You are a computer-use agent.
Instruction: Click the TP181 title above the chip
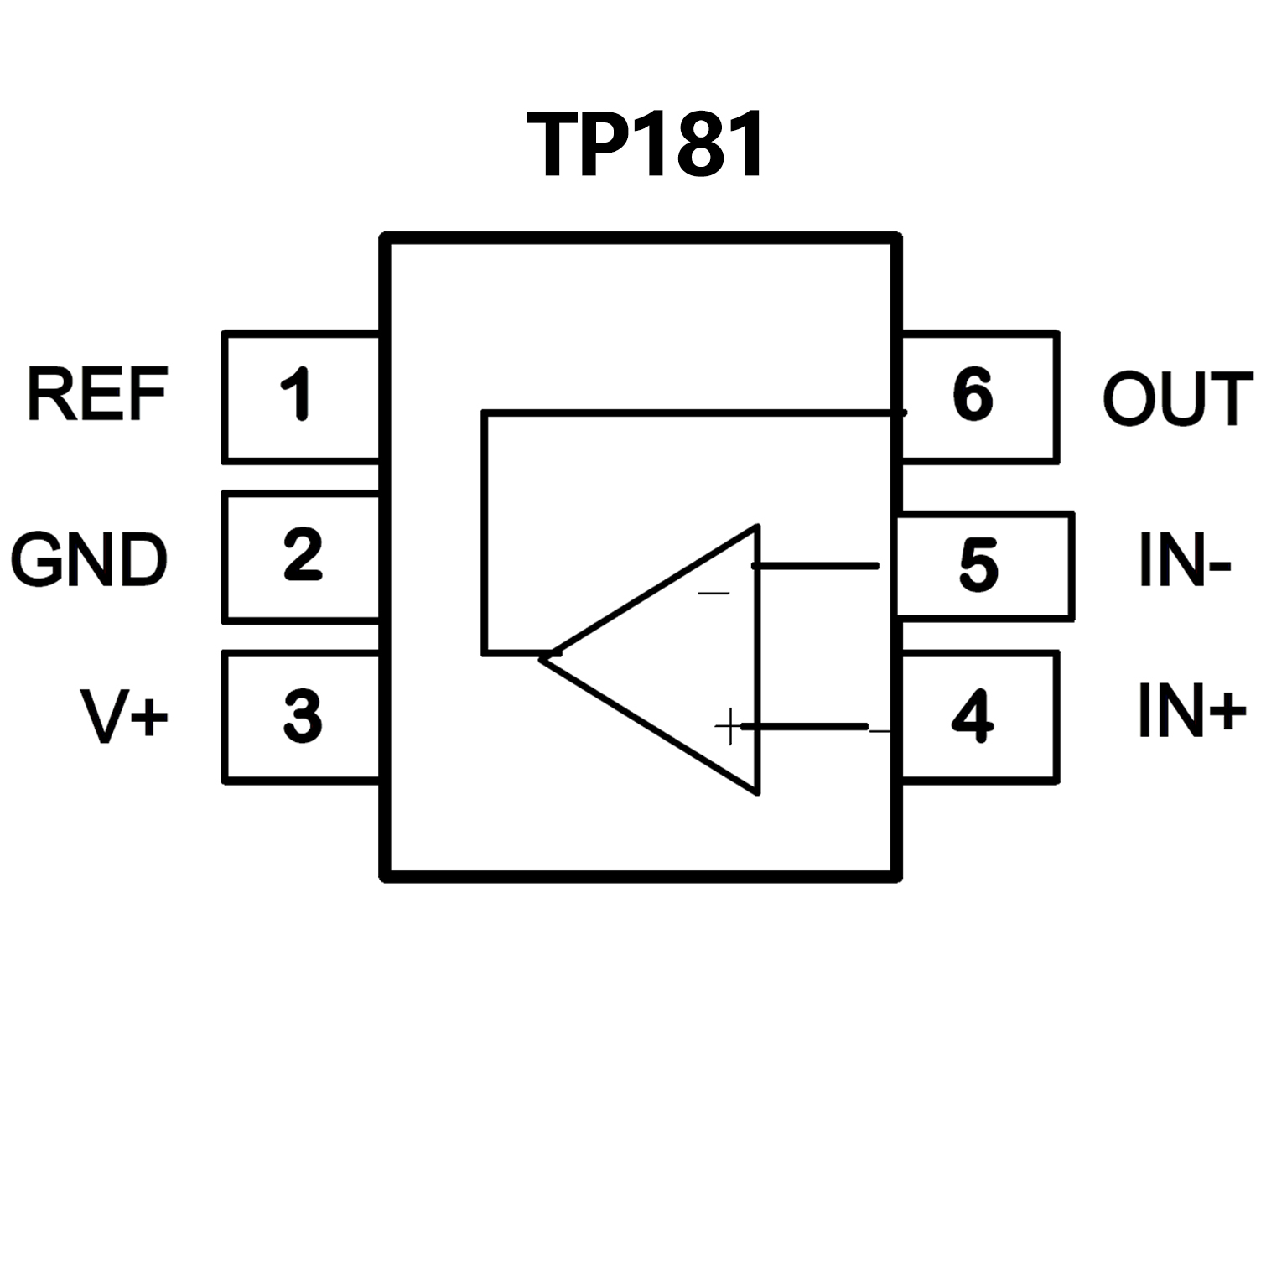(646, 146)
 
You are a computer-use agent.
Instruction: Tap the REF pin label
(97, 394)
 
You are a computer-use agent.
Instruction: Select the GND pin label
(89, 559)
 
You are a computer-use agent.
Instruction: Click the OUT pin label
(1177, 399)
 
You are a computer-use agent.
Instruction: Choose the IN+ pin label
(1191, 711)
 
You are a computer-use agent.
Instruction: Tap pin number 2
(302, 554)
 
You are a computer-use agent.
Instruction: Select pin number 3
(302, 715)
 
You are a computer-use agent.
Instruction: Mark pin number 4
(973, 716)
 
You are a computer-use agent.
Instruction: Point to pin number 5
(978, 566)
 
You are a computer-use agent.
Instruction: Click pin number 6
(973, 394)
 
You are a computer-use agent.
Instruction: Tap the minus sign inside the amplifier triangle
(714, 594)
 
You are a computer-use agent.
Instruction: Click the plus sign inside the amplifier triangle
(728, 726)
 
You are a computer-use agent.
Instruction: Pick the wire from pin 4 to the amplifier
(805, 726)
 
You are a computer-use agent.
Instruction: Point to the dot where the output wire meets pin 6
(902, 412)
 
